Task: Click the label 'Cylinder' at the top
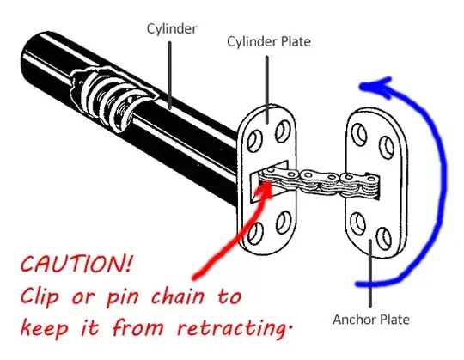coord(170,27)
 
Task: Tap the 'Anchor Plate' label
coord(370,320)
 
